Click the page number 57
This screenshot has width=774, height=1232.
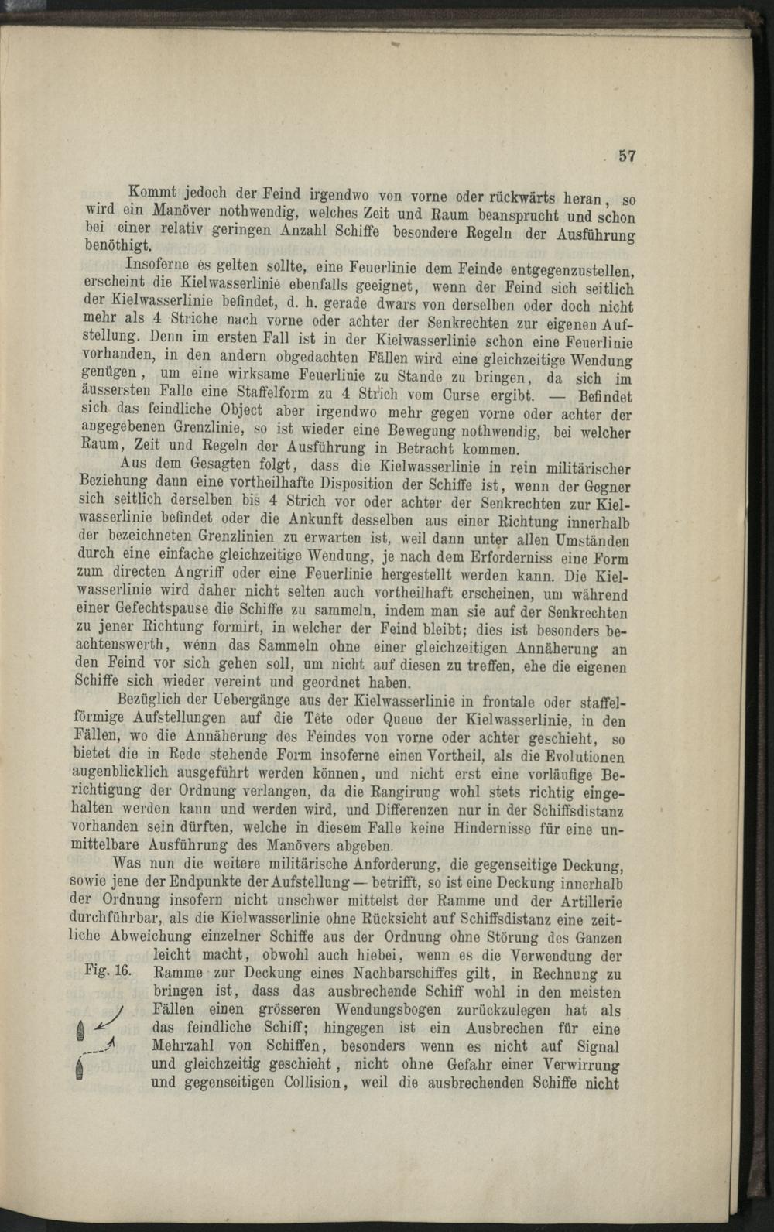coord(626,156)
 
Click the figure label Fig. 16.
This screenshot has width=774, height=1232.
coord(108,971)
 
